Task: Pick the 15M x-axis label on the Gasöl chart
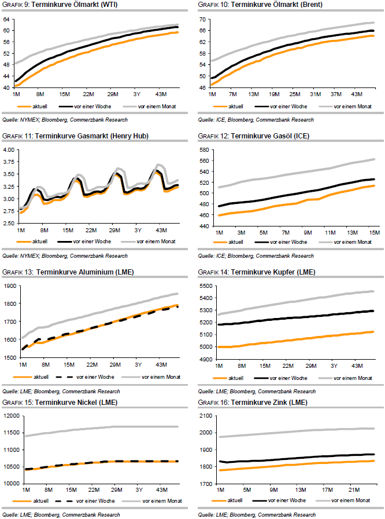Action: (374, 232)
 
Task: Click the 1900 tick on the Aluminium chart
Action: (10, 286)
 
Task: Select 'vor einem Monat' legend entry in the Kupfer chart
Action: (352, 377)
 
